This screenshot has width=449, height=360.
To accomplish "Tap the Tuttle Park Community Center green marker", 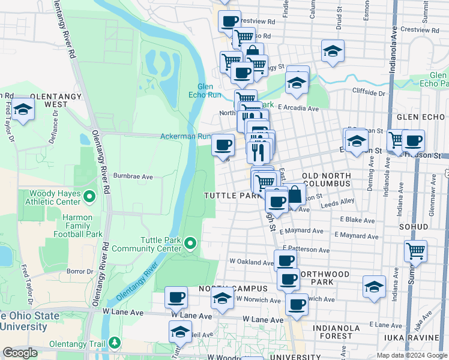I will tap(190, 243).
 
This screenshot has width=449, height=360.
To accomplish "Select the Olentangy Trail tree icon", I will tap(115, 343).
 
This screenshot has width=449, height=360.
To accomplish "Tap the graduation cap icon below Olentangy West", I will tap(23, 110).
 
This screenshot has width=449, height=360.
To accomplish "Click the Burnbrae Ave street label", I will tap(135, 177).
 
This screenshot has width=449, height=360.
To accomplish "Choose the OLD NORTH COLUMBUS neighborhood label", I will tap(327, 178).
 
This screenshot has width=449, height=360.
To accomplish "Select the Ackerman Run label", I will tap(185, 136).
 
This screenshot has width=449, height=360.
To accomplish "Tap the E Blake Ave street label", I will tap(357, 221).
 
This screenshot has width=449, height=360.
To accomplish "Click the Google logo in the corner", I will tap(20, 353).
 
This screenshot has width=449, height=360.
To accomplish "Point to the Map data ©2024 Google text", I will tap(411, 355).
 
